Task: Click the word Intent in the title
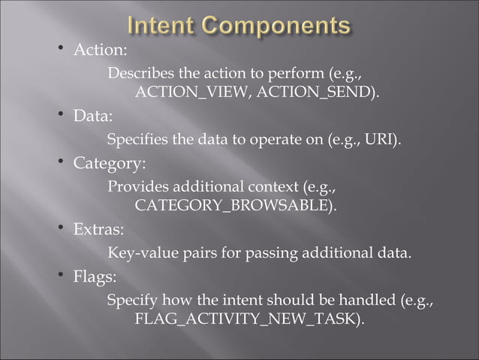[166, 27]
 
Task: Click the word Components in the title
[279, 27]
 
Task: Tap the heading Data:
[92, 116]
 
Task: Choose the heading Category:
[109, 163]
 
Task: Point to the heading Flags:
[94, 277]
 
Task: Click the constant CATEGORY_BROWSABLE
[232, 205]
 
